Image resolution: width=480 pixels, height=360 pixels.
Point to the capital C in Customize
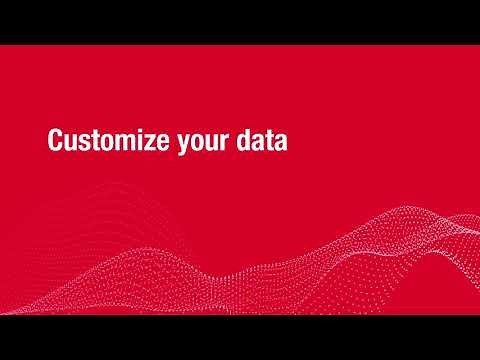click(x=56, y=142)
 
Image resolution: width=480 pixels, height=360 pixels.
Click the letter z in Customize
click(x=150, y=144)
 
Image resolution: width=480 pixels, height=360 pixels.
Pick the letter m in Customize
click(x=123, y=144)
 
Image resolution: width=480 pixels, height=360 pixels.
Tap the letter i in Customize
click(x=139, y=142)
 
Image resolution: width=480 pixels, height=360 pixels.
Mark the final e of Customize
click(x=162, y=144)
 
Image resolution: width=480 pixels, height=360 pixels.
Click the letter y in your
click(x=183, y=146)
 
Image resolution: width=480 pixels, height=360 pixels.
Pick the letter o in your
click(x=197, y=144)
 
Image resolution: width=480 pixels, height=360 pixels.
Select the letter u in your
click(x=213, y=144)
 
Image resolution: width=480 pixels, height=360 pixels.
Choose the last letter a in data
click(x=282, y=144)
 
